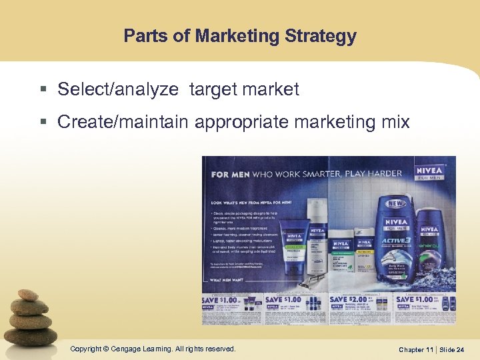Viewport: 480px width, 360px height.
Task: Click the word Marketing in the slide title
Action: point(235,36)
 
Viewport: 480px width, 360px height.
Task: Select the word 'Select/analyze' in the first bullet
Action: point(118,89)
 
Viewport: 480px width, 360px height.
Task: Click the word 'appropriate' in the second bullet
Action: point(251,122)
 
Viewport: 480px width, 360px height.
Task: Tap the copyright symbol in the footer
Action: point(106,349)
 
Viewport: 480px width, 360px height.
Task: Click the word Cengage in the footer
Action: point(127,349)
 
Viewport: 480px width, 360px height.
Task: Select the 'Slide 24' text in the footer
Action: point(451,349)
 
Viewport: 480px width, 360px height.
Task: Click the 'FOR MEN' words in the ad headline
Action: point(229,174)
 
